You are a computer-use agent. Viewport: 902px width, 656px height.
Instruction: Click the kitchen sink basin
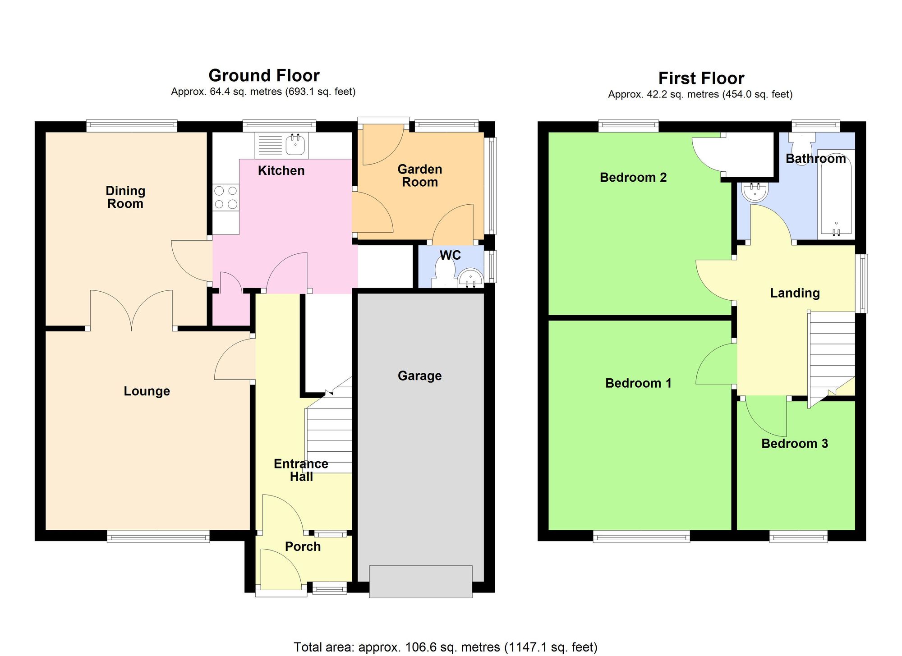pos(296,145)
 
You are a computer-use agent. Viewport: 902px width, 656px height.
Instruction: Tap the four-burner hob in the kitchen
pos(226,197)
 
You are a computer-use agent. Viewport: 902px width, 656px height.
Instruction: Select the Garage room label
pos(419,376)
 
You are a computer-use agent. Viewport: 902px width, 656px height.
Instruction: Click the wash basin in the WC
pos(470,278)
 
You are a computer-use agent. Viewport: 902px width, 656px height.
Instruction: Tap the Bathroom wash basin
pos(755,192)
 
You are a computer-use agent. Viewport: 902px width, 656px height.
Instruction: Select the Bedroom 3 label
pos(795,444)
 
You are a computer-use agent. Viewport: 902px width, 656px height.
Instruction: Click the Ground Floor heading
pos(264,75)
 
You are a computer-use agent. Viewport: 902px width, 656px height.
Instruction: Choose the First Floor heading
pos(701,78)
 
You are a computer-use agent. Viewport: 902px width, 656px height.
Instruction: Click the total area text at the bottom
pos(446,647)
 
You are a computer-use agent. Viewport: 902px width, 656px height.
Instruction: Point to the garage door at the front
pos(420,582)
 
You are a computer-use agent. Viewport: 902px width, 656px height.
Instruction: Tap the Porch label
pos(303,546)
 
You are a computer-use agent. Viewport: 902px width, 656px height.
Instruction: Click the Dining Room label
pos(125,197)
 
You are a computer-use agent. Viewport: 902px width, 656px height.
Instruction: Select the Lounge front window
pos(158,536)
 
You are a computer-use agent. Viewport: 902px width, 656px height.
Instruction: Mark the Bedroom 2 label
pos(633,178)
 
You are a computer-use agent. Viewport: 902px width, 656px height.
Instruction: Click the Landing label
pos(795,293)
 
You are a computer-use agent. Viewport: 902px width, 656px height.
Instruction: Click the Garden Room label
pos(419,176)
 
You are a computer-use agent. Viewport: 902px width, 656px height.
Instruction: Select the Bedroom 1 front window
pos(641,536)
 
